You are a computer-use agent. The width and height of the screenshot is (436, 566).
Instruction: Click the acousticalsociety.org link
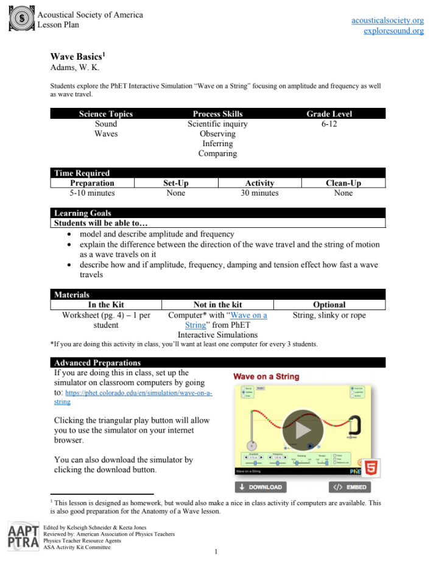[x=387, y=20]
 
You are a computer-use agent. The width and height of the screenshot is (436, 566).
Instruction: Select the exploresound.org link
[x=393, y=30]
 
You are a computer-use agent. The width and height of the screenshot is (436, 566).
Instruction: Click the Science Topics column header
[x=106, y=114]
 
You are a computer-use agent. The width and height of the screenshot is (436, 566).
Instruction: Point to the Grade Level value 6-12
[x=329, y=124]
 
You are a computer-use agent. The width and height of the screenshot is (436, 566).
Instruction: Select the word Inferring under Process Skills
[x=217, y=144]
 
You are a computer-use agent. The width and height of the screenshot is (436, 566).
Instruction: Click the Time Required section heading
[x=82, y=173]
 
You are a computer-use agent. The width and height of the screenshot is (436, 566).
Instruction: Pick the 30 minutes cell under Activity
[x=259, y=193]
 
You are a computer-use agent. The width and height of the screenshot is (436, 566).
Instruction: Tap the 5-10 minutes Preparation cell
[x=92, y=193]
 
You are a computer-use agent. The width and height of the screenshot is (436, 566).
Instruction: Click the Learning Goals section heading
[x=83, y=213]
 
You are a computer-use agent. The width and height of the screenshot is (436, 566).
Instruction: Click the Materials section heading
[x=72, y=295]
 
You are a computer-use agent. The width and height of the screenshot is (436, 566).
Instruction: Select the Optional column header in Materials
[x=329, y=305]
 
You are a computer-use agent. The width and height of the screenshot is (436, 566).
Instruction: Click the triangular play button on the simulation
[x=303, y=430]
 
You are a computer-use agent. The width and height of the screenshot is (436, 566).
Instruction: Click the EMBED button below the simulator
[x=350, y=487]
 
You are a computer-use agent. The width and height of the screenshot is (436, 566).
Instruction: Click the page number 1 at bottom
[x=216, y=553]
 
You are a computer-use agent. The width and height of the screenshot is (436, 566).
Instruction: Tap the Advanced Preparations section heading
[x=97, y=363]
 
